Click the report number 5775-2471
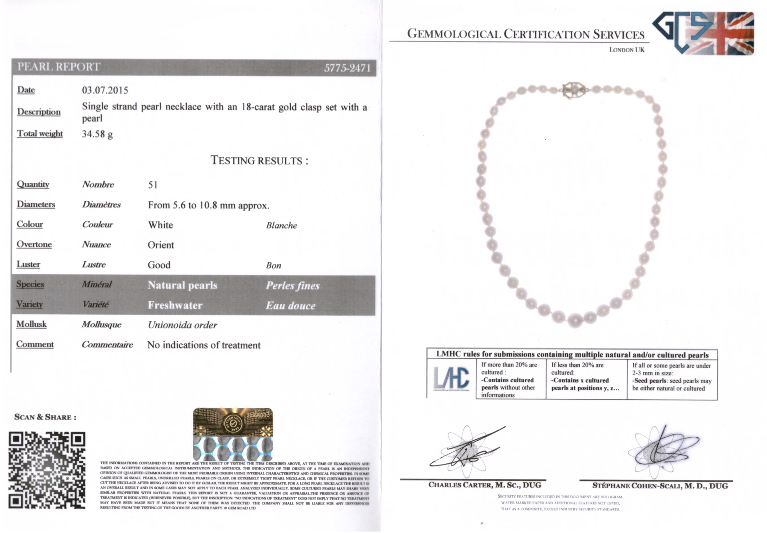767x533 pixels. point(347,68)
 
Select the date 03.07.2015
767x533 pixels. point(105,90)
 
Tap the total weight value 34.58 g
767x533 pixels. point(97,134)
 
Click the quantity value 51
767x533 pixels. point(153,185)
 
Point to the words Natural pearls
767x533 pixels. point(182,285)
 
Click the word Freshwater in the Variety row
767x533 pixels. point(175,305)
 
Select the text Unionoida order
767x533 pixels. point(182,325)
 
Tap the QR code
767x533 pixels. point(47,470)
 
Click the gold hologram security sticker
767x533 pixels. point(233,434)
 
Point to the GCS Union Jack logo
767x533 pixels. point(704,33)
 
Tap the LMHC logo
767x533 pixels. point(451,378)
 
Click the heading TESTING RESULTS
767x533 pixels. point(259,161)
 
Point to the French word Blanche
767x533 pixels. point(281,226)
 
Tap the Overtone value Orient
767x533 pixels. point(161,245)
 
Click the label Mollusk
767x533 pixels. point(32,324)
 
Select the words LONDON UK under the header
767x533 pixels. point(627,50)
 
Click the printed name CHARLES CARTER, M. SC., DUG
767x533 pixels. point(484,485)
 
